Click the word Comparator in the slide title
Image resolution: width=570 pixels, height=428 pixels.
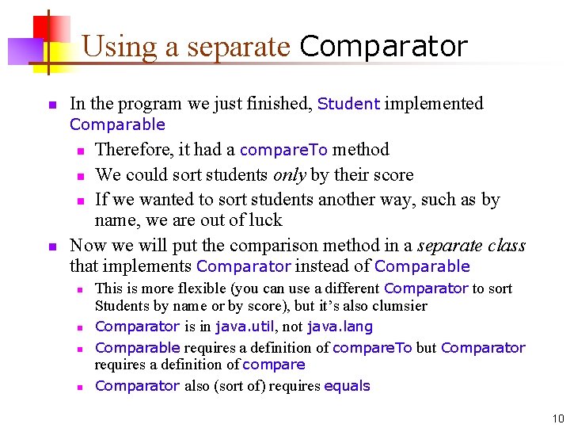click(x=383, y=47)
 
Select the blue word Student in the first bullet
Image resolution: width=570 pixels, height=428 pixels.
click(x=348, y=104)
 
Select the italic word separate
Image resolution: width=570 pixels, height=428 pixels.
click(x=449, y=246)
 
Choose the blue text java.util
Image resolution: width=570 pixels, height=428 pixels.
click(x=240, y=327)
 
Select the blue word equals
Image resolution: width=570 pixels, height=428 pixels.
click(x=347, y=386)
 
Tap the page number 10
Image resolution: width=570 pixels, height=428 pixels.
click(x=558, y=418)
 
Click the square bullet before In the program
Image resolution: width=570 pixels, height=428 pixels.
click(x=51, y=105)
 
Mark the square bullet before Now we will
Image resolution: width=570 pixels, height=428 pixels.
click(x=51, y=246)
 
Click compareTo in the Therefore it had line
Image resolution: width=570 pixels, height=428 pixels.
click(x=283, y=150)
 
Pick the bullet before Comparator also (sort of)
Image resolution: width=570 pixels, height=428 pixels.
click(x=80, y=387)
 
